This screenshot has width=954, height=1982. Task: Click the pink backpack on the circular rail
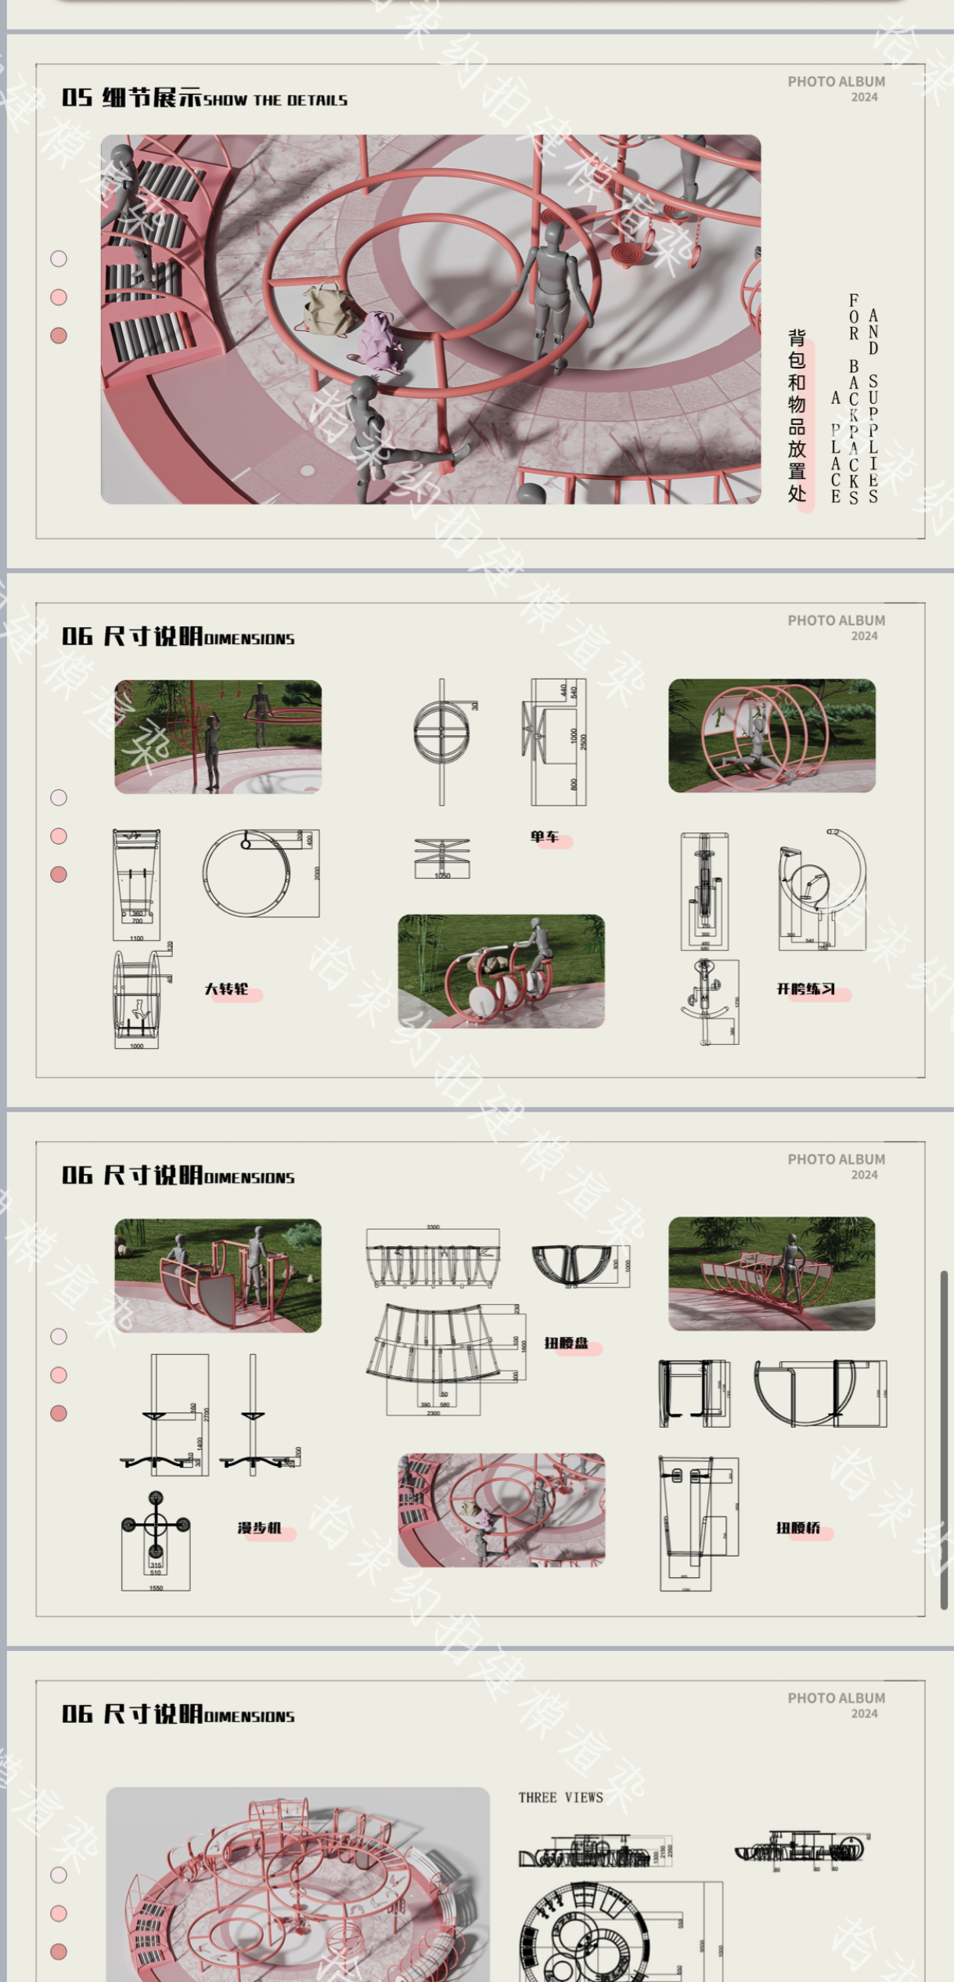click(x=378, y=339)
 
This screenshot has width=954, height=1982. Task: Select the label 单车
click(x=545, y=837)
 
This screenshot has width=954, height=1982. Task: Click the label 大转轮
click(x=227, y=989)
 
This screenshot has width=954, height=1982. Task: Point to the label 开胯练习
click(x=805, y=989)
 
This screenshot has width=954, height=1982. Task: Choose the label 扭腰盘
click(x=567, y=1343)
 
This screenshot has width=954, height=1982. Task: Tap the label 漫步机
click(x=260, y=1528)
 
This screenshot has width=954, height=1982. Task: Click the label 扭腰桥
click(x=798, y=1528)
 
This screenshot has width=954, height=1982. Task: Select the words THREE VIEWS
click(x=560, y=1797)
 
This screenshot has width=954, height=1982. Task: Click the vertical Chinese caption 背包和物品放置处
click(x=797, y=415)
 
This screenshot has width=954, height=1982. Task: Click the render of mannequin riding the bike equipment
click(x=501, y=971)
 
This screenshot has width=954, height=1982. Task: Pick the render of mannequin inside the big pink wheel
click(x=772, y=736)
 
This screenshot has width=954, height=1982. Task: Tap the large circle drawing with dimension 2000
click(x=247, y=872)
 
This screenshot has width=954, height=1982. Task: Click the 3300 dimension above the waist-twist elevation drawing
click(x=433, y=1227)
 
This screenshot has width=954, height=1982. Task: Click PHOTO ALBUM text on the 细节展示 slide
click(x=836, y=81)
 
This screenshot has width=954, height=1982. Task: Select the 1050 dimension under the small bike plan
click(x=442, y=875)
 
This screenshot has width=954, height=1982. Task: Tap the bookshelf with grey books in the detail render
click(x=153, y=258)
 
